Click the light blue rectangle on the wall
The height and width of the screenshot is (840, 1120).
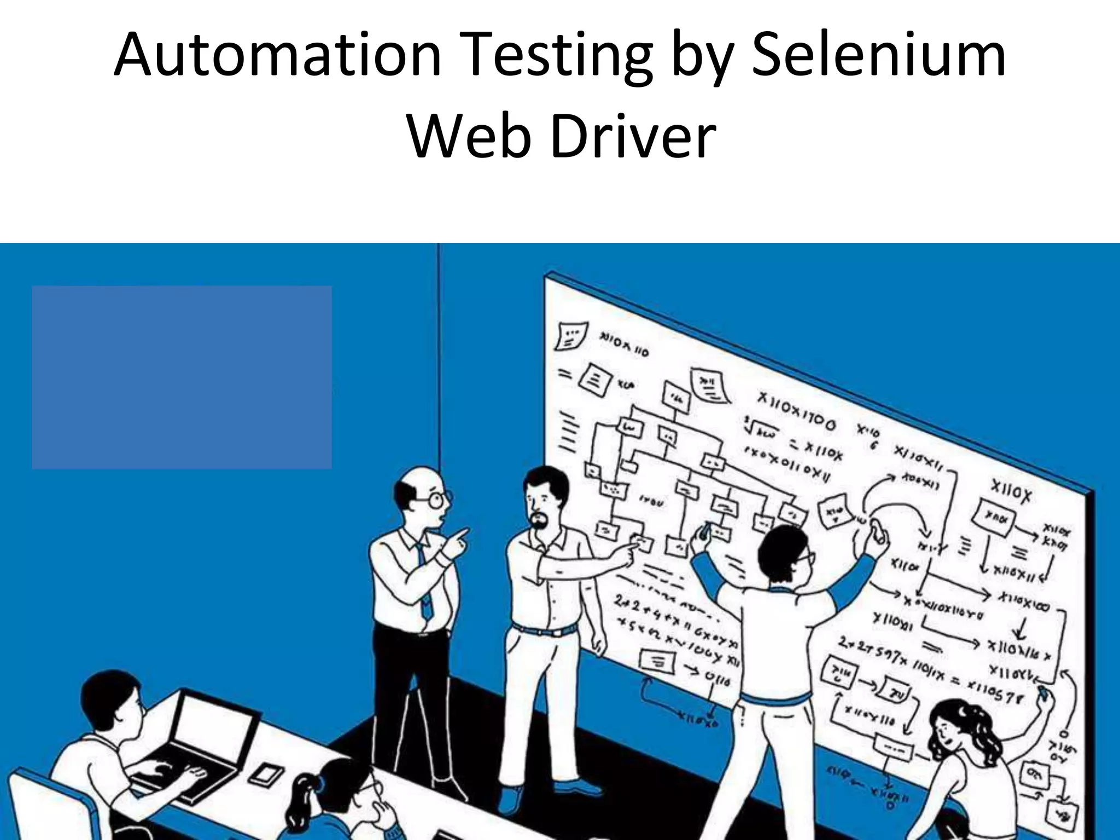point(182,377)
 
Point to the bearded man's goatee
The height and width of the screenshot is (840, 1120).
point(540,523)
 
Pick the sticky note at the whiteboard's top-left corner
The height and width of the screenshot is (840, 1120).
point(571,335)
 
